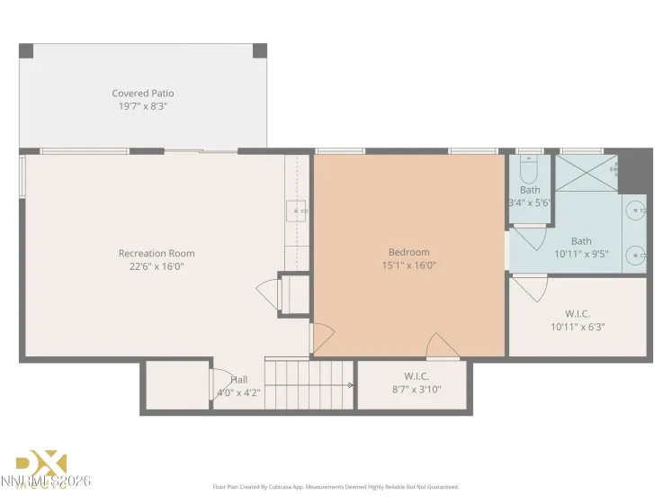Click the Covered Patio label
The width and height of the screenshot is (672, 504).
click(143, 93)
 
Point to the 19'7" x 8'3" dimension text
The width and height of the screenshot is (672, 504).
click(143, 106)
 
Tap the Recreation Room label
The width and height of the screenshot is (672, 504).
click(157, 253)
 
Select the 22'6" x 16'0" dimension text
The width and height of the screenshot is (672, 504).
click(157, 266)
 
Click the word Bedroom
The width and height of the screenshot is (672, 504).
click(408, 252)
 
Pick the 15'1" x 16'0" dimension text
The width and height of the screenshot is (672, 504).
click(408, 265)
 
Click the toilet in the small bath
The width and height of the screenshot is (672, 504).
click(530, 169)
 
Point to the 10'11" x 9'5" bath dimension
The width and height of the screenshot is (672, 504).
click(581, 254)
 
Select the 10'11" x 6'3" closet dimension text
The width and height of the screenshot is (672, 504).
click(577, 327)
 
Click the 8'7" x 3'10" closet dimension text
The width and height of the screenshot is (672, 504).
click(411, 389)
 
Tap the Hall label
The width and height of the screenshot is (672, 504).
click(238, 379)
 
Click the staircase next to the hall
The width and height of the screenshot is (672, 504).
click(309, 383)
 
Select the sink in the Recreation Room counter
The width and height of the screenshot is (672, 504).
click(297, 211)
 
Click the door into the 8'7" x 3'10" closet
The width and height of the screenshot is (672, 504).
click(442, 346)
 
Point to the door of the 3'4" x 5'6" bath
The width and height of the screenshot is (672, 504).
click(529, 237)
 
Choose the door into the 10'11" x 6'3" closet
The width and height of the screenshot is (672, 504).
click(530, 287)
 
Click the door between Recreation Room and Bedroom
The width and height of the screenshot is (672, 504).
click(322, 337)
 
